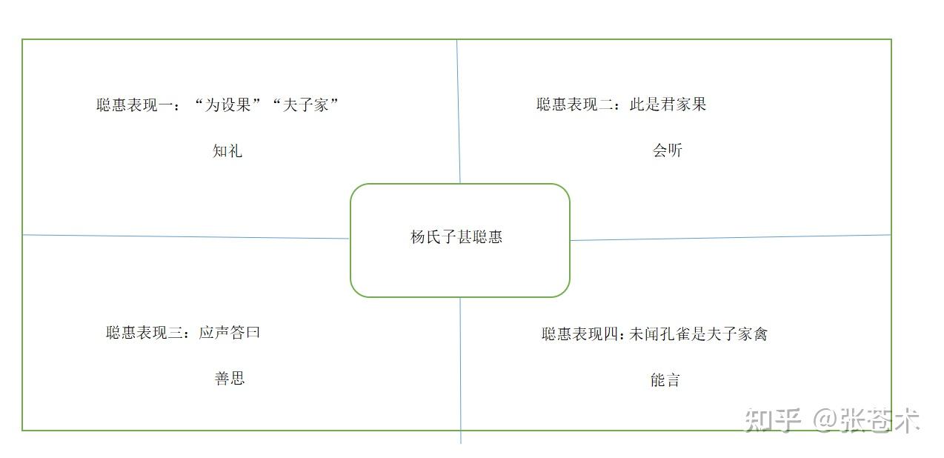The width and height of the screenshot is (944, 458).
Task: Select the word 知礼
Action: (227, 151)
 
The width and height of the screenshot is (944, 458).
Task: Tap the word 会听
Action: (667, 150)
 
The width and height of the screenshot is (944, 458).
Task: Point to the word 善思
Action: (230, 379)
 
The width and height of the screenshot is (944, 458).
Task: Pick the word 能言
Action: (665, 380)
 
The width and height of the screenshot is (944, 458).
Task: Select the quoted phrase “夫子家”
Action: (305, 105)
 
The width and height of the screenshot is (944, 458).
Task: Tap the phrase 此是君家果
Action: (668, 104)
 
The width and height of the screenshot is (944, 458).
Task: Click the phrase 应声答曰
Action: (230, 333)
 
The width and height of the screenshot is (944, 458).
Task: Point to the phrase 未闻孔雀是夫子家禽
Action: (698, 334)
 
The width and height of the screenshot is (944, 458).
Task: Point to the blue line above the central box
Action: (458, 111)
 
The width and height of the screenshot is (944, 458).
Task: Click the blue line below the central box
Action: (460, 371)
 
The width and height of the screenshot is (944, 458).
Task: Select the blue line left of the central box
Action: (185, 236)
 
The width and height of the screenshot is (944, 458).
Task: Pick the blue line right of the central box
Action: (730, 237)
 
